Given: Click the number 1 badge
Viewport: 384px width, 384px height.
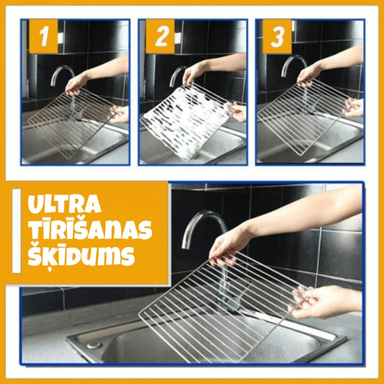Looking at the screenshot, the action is (43, 36).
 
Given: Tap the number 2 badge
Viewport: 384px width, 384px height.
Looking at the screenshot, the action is (160, 36).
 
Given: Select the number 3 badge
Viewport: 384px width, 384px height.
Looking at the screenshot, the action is (277, 36).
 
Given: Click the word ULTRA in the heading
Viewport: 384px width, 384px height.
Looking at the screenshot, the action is (64, 204).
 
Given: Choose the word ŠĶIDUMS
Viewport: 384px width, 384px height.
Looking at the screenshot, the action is (81, 256).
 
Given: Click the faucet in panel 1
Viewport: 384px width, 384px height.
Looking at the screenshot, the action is (62, 75).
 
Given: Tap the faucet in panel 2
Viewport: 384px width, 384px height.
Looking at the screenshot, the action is (177, 76).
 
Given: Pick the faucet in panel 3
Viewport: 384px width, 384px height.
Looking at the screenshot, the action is (294, 66).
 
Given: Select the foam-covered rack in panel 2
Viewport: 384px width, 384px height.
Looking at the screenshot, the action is (186, 121).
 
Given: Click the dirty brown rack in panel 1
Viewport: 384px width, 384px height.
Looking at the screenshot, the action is (71, 122).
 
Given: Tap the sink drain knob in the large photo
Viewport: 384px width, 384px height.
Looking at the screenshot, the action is (94, 345).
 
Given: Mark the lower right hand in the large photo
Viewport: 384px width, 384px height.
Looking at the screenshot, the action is (323, 303).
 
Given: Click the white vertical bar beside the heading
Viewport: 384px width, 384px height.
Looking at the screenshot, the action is (17, 231).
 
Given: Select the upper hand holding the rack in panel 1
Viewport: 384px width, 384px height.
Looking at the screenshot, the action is (76, 84).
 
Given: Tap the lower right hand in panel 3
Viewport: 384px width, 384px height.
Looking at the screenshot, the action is (354, 108).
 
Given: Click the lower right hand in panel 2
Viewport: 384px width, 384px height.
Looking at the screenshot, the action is (237, 112).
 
